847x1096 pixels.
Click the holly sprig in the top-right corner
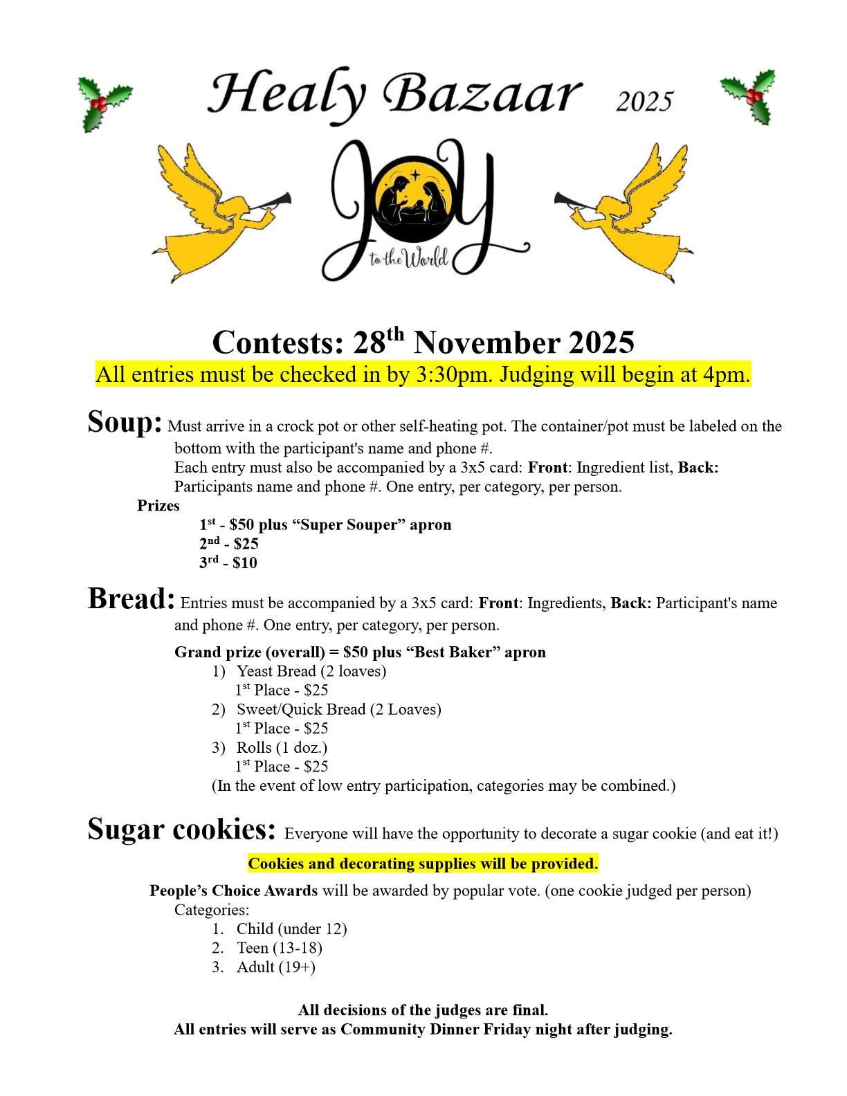[750, 97]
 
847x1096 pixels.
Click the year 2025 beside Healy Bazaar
[644, 102]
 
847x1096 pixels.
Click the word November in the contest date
[488, 343]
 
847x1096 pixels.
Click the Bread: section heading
[131, 599]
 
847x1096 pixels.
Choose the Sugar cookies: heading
[181, 829]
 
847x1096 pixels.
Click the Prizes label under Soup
[158, 506]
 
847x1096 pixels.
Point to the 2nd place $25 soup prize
[228, 544]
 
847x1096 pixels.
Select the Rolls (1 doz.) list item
[282, 747]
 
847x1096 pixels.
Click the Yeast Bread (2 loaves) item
[311, 671]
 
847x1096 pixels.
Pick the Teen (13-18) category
[279, 948]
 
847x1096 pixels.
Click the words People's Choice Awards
[233, 890]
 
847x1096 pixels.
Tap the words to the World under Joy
[408, 260]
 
